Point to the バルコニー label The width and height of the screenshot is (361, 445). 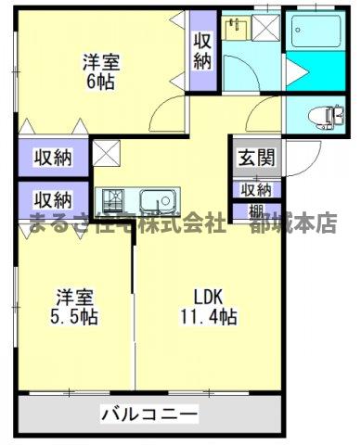(149, 413)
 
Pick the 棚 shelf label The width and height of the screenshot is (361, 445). (254, 210)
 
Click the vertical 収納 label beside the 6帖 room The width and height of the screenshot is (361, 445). (202, 51)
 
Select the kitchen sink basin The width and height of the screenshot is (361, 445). (156, 199)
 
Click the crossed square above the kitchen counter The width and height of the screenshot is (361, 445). (105, 151)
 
